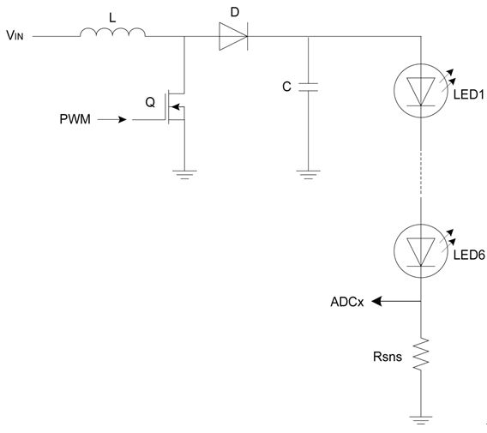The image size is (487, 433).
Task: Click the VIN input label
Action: pyautogui.click(x=15, y=35)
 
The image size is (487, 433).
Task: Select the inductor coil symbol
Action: pyautogui.click(x=112, y=33)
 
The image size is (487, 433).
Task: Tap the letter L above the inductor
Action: pyautogui.click(x=112, y=18)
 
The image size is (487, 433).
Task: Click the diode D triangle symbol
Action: pyautogui.click(x=233, y=36)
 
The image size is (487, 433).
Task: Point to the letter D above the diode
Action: pyautogui.click(x=235, y=12)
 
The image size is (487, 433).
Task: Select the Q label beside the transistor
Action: pyautogui.click(x=150, y=102)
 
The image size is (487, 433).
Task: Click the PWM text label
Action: pyautogui.click(x=75, y=119)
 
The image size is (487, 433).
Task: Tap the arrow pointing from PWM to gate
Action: pyautogui.click(x=111, y=119)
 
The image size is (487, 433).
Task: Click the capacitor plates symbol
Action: pyautogui.click(x=308, y=87)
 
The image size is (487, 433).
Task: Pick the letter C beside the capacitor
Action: pyautogui.click(x=286, y=87)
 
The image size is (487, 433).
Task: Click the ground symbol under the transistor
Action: pyautogui.click(x=184, y=175)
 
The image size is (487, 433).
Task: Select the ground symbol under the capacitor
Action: pyautogui.click(x=308, y=175)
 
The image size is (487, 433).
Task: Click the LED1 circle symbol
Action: pyautogui.click(x=421, y=91)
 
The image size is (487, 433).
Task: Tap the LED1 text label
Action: pyautogui.click(x=469, y=94)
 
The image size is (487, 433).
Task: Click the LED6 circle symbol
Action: pyautogui.click(x=421, y=251)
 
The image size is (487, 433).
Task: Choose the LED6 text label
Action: pyautogui.click(x=469, y=255)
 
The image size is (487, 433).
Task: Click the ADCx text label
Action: pyautogui.click(x=347, y=302)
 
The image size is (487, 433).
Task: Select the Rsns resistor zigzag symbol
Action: pyautogui.click(x=421, y=354)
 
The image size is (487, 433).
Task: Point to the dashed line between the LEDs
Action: pyautogui.click(x=421, y=174)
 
